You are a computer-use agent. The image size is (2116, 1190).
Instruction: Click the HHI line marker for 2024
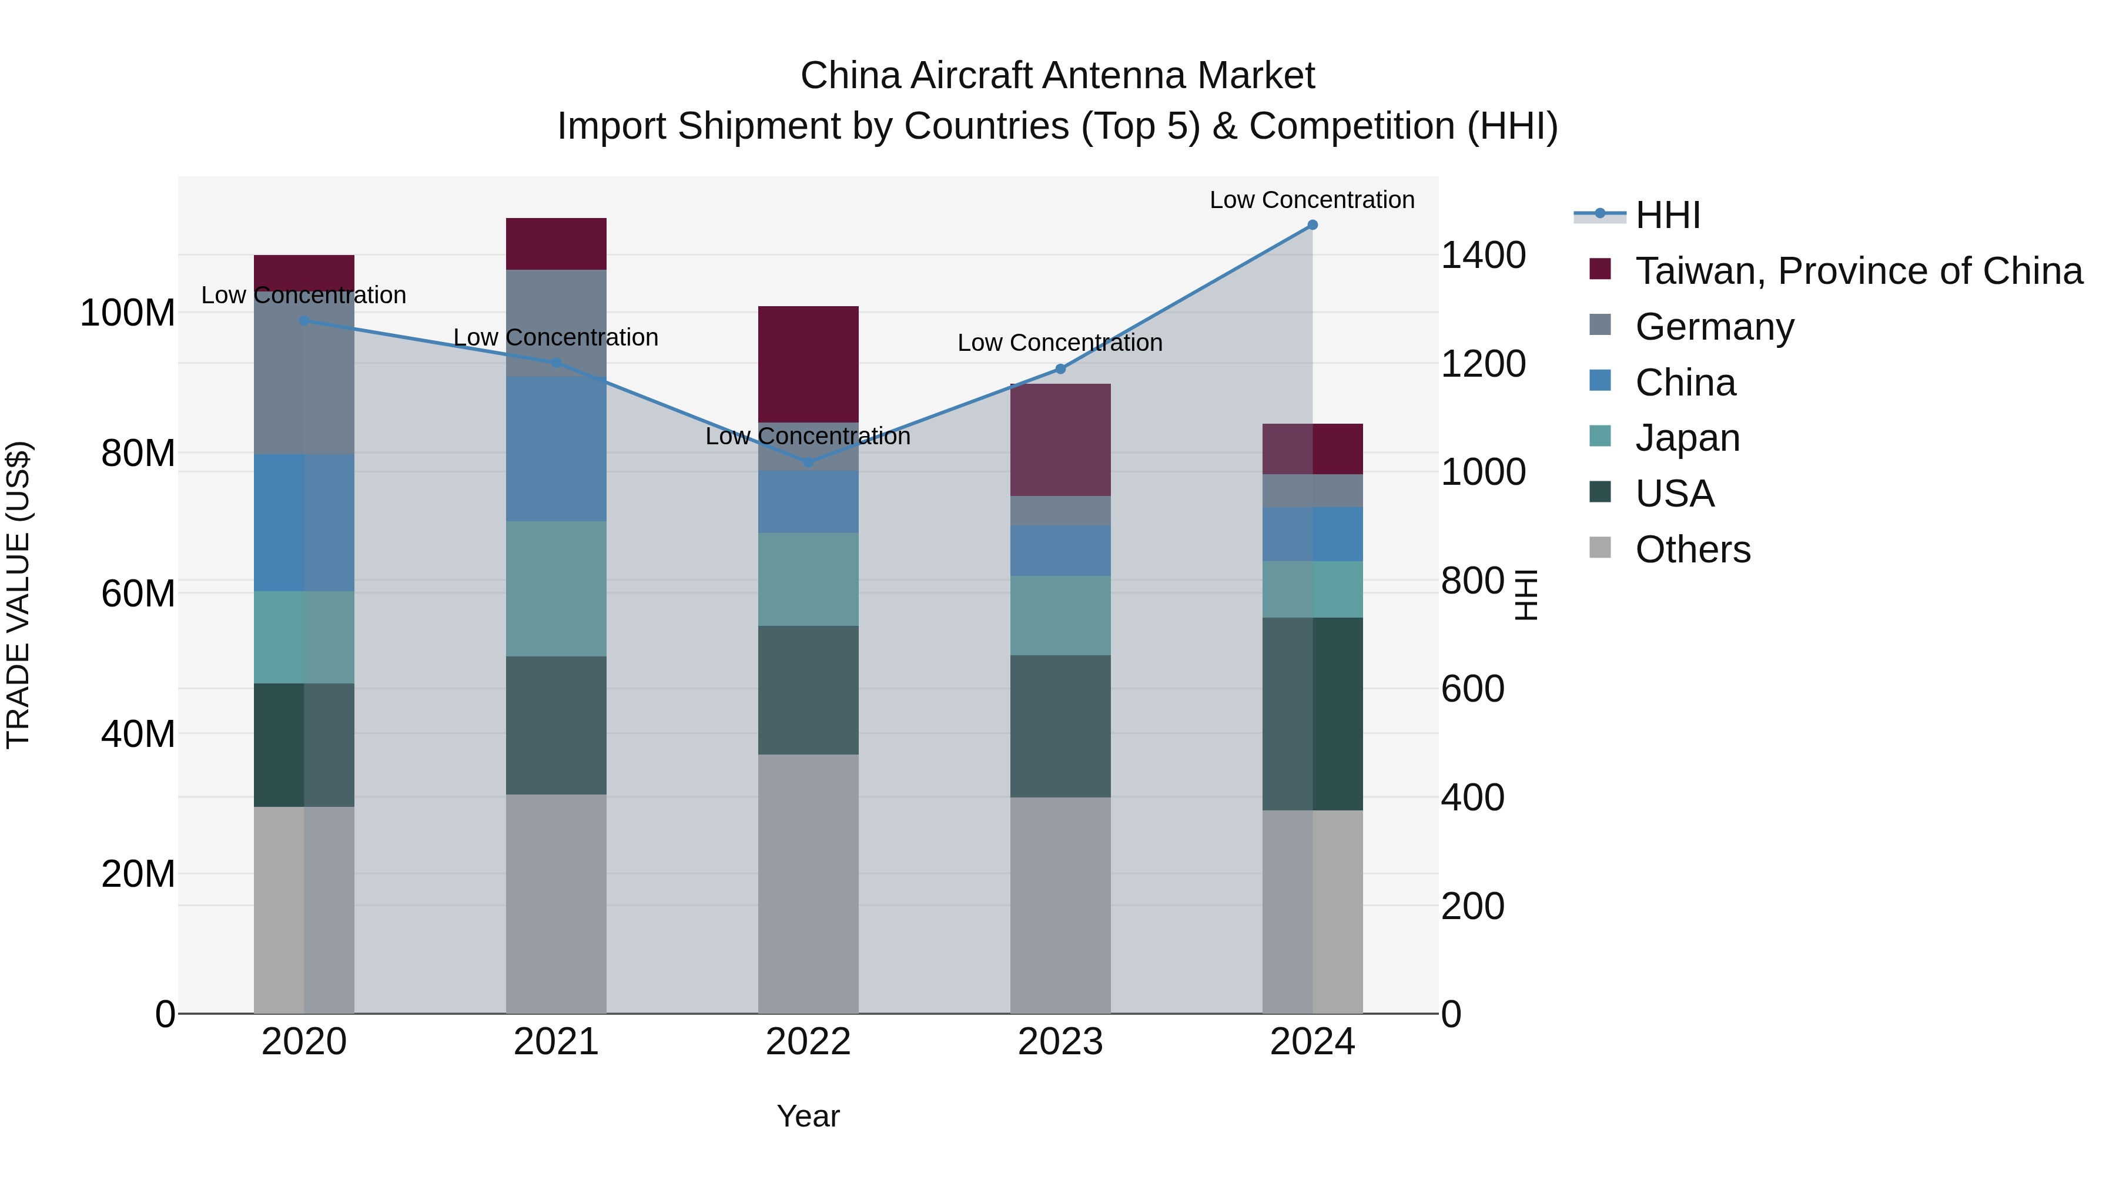point(1312,225)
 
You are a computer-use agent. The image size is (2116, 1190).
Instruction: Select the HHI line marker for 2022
point(808,462)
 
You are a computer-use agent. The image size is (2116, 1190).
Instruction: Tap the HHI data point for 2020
point(304,320)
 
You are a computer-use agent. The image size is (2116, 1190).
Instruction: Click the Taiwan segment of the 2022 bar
point(808,364)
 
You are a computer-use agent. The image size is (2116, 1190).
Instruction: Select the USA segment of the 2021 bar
point(556,725)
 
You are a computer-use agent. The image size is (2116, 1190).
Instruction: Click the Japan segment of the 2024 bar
point(1312,589)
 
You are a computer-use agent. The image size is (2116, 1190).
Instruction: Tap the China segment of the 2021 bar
point(556,448)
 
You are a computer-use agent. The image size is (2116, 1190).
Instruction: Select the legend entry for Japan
point(1686,438)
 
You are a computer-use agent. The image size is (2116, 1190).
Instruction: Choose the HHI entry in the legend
point(1667,215)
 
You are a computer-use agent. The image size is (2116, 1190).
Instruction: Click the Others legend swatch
point(1600,548)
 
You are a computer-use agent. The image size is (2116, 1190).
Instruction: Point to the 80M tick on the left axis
point(138,453)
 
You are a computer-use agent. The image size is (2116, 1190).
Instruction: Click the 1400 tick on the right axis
point(1483,256)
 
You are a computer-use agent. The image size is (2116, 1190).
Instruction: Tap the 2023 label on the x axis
point(1060,1042)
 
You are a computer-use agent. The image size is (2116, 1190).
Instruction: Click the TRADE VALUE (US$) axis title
point(18,595)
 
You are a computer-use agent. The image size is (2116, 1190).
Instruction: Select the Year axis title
point(808,1116)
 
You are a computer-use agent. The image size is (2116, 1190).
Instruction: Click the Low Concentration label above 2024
point(1312,200)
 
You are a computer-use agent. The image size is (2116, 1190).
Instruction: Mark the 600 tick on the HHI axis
point(1472,689)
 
